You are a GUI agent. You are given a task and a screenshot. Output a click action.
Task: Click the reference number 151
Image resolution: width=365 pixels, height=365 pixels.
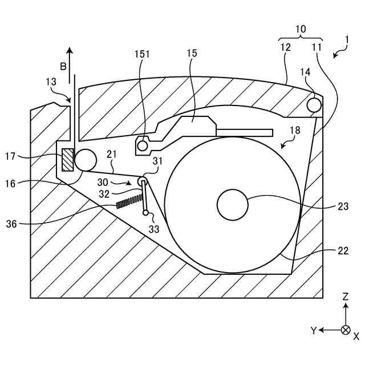click(x=143, y=55)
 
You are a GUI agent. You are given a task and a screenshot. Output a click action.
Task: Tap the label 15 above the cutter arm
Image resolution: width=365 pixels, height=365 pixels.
click(x=192, y=54)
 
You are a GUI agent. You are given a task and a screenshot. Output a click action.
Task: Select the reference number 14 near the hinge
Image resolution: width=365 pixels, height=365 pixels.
click(x=306, y=73)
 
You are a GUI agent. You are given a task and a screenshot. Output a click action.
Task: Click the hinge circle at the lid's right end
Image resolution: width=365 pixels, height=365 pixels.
click(x=314, y=105)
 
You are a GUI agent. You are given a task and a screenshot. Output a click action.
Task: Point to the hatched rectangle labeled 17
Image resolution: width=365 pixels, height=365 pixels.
click(x=68, y=159)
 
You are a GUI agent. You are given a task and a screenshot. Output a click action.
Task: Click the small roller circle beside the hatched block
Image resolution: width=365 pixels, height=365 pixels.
click(x=85, y=159)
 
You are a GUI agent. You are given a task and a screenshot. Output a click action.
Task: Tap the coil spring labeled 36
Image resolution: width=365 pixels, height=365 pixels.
click(x=129, y=201)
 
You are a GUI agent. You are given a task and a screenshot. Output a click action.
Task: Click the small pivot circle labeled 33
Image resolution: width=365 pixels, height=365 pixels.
click(x=146, y=213)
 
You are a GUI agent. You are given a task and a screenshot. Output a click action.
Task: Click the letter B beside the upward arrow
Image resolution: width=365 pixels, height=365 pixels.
click(x=64, y=67)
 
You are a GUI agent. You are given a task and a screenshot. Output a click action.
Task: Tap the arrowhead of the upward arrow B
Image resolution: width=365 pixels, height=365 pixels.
click(x=70, y=50)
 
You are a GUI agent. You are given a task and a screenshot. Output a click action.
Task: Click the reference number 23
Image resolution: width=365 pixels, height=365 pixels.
click(x=343, y=206)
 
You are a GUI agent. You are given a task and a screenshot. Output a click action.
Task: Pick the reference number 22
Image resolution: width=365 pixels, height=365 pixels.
click(x=343, y=250)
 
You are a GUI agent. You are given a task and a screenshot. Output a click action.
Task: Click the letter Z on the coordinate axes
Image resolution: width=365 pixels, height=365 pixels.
click(x=346, y=297)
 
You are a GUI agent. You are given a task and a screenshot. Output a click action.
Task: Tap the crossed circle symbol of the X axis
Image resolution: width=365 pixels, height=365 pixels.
click(x=345, y=330)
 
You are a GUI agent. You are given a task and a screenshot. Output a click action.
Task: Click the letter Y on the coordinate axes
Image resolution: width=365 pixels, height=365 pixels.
click(x=313, y=330)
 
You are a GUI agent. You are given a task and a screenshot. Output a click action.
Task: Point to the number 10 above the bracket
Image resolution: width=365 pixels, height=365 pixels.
click(x=300, y=28)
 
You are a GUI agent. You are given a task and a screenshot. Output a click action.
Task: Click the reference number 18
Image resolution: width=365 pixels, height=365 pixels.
click(x=295, y=131)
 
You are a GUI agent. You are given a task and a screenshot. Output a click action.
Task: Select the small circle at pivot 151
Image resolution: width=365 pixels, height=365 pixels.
click(x=142, y=146)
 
